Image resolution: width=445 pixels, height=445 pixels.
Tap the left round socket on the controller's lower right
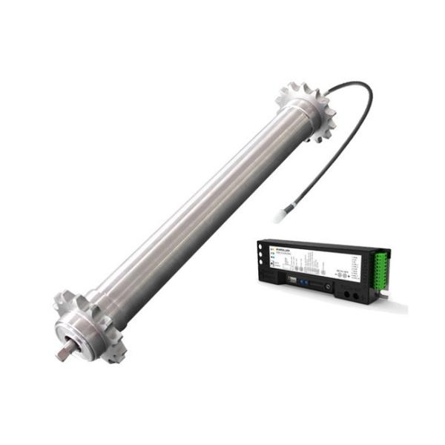(x=346, y=294)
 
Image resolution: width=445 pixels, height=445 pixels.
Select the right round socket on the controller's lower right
(x=357, y=297)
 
